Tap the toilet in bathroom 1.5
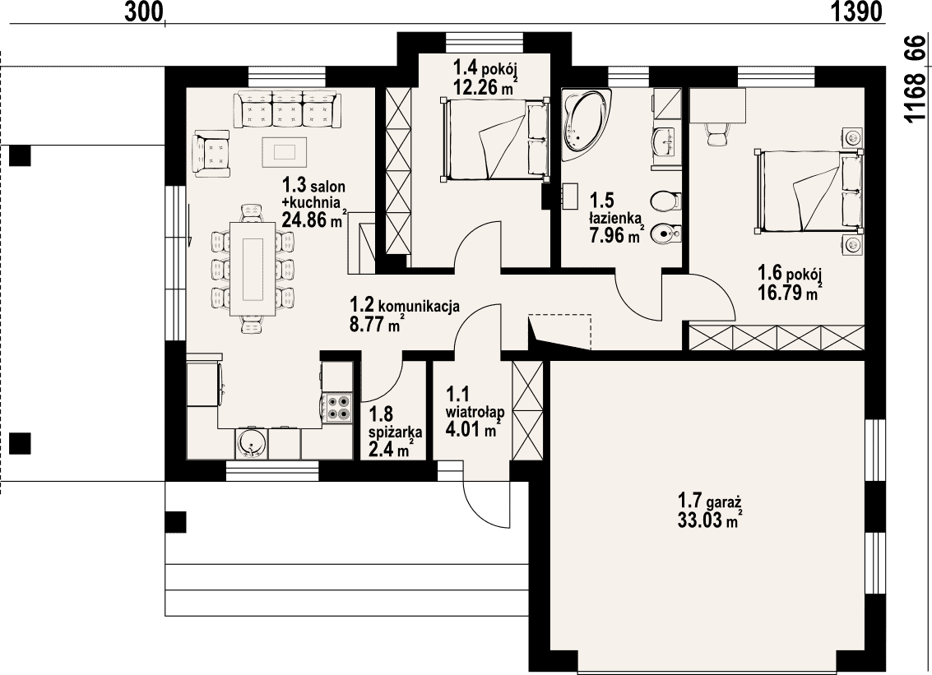(665, 201)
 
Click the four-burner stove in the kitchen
(338, 408)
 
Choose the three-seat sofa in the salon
(288, 109)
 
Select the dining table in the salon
(252, 268)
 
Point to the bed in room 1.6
(809, 191)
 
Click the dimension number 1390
(856, 12)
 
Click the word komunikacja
(419, 307)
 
